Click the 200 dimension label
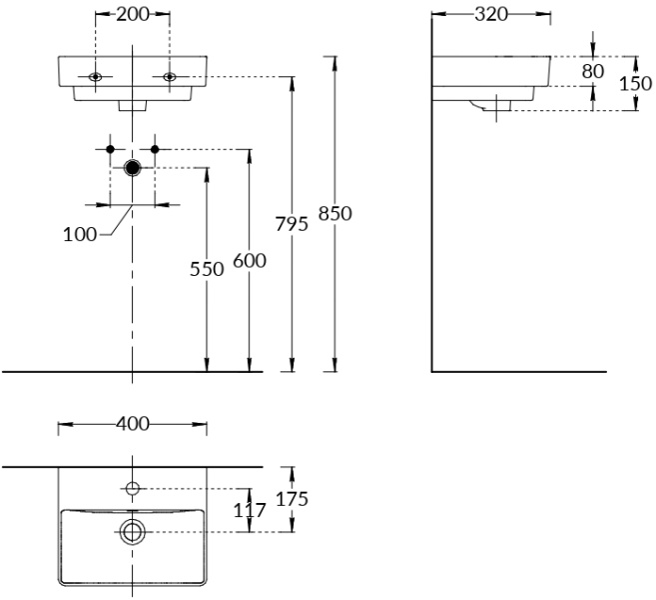point(132,14)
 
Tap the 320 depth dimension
point(491,14)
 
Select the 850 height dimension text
point(335,212)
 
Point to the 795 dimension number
point(292,224)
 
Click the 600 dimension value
point(249,260)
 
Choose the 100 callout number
point(80,234)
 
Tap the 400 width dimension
point(132,424)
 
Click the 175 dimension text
point(294,498)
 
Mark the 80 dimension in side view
point(592,71)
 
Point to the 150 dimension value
point(636,83)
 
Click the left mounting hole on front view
point(96,77)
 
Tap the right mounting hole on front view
point(169,77)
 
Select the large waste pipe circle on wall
point(132,167)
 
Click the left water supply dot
point(110,149)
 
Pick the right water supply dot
point(155,149)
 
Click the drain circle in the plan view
point(132,531)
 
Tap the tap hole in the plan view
point(132,488)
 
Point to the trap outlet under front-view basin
point(132,103)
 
